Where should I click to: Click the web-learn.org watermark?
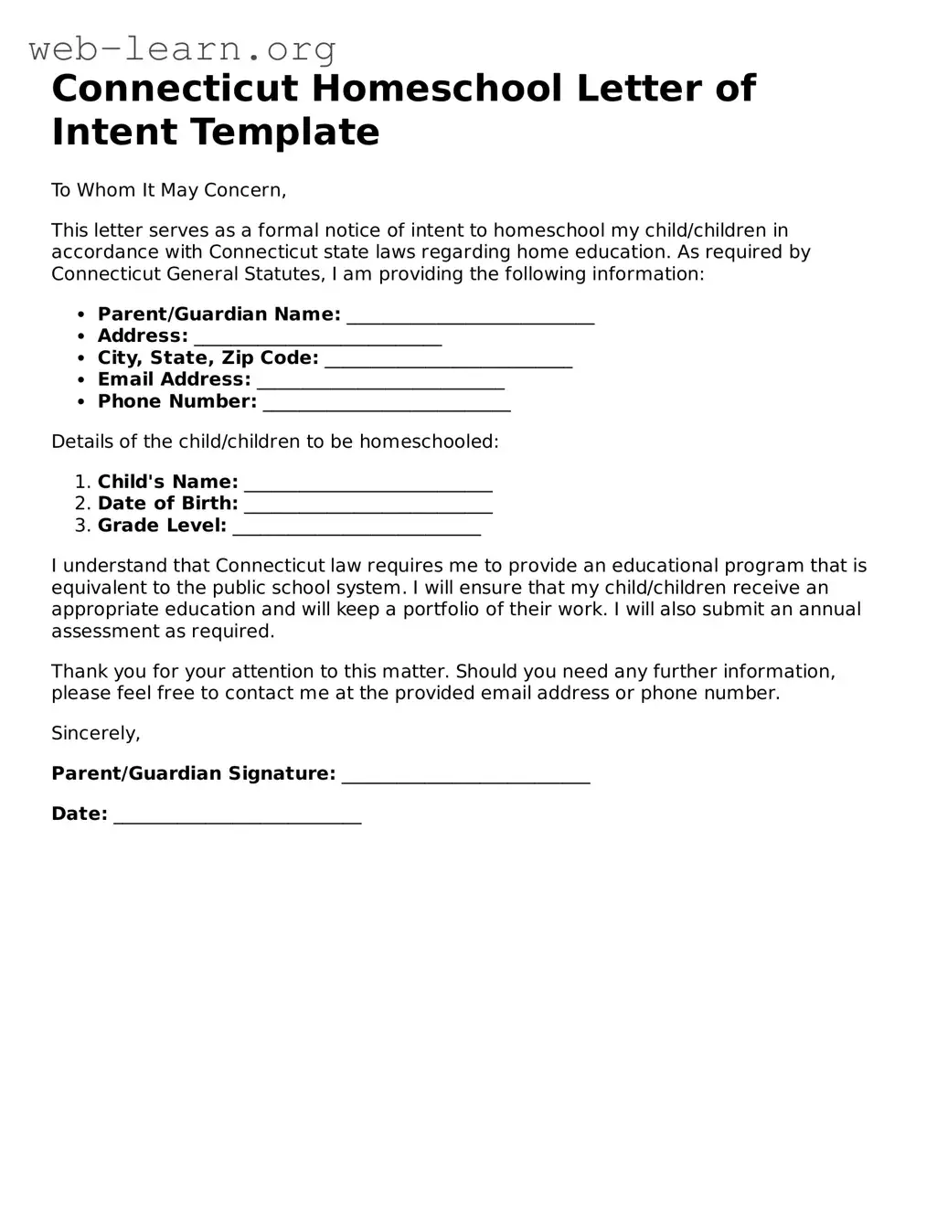coord(183,48)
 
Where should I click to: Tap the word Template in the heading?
coord(284,133)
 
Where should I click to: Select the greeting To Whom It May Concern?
coord(168,190)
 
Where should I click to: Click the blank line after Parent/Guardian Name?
coord(471,316)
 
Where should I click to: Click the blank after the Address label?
coord(317,338)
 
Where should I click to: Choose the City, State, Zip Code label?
coord(208,358)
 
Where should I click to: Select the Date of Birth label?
coord(167,504)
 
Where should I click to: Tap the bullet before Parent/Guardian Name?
coord(81,314)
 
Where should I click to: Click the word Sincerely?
coord(95,733)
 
